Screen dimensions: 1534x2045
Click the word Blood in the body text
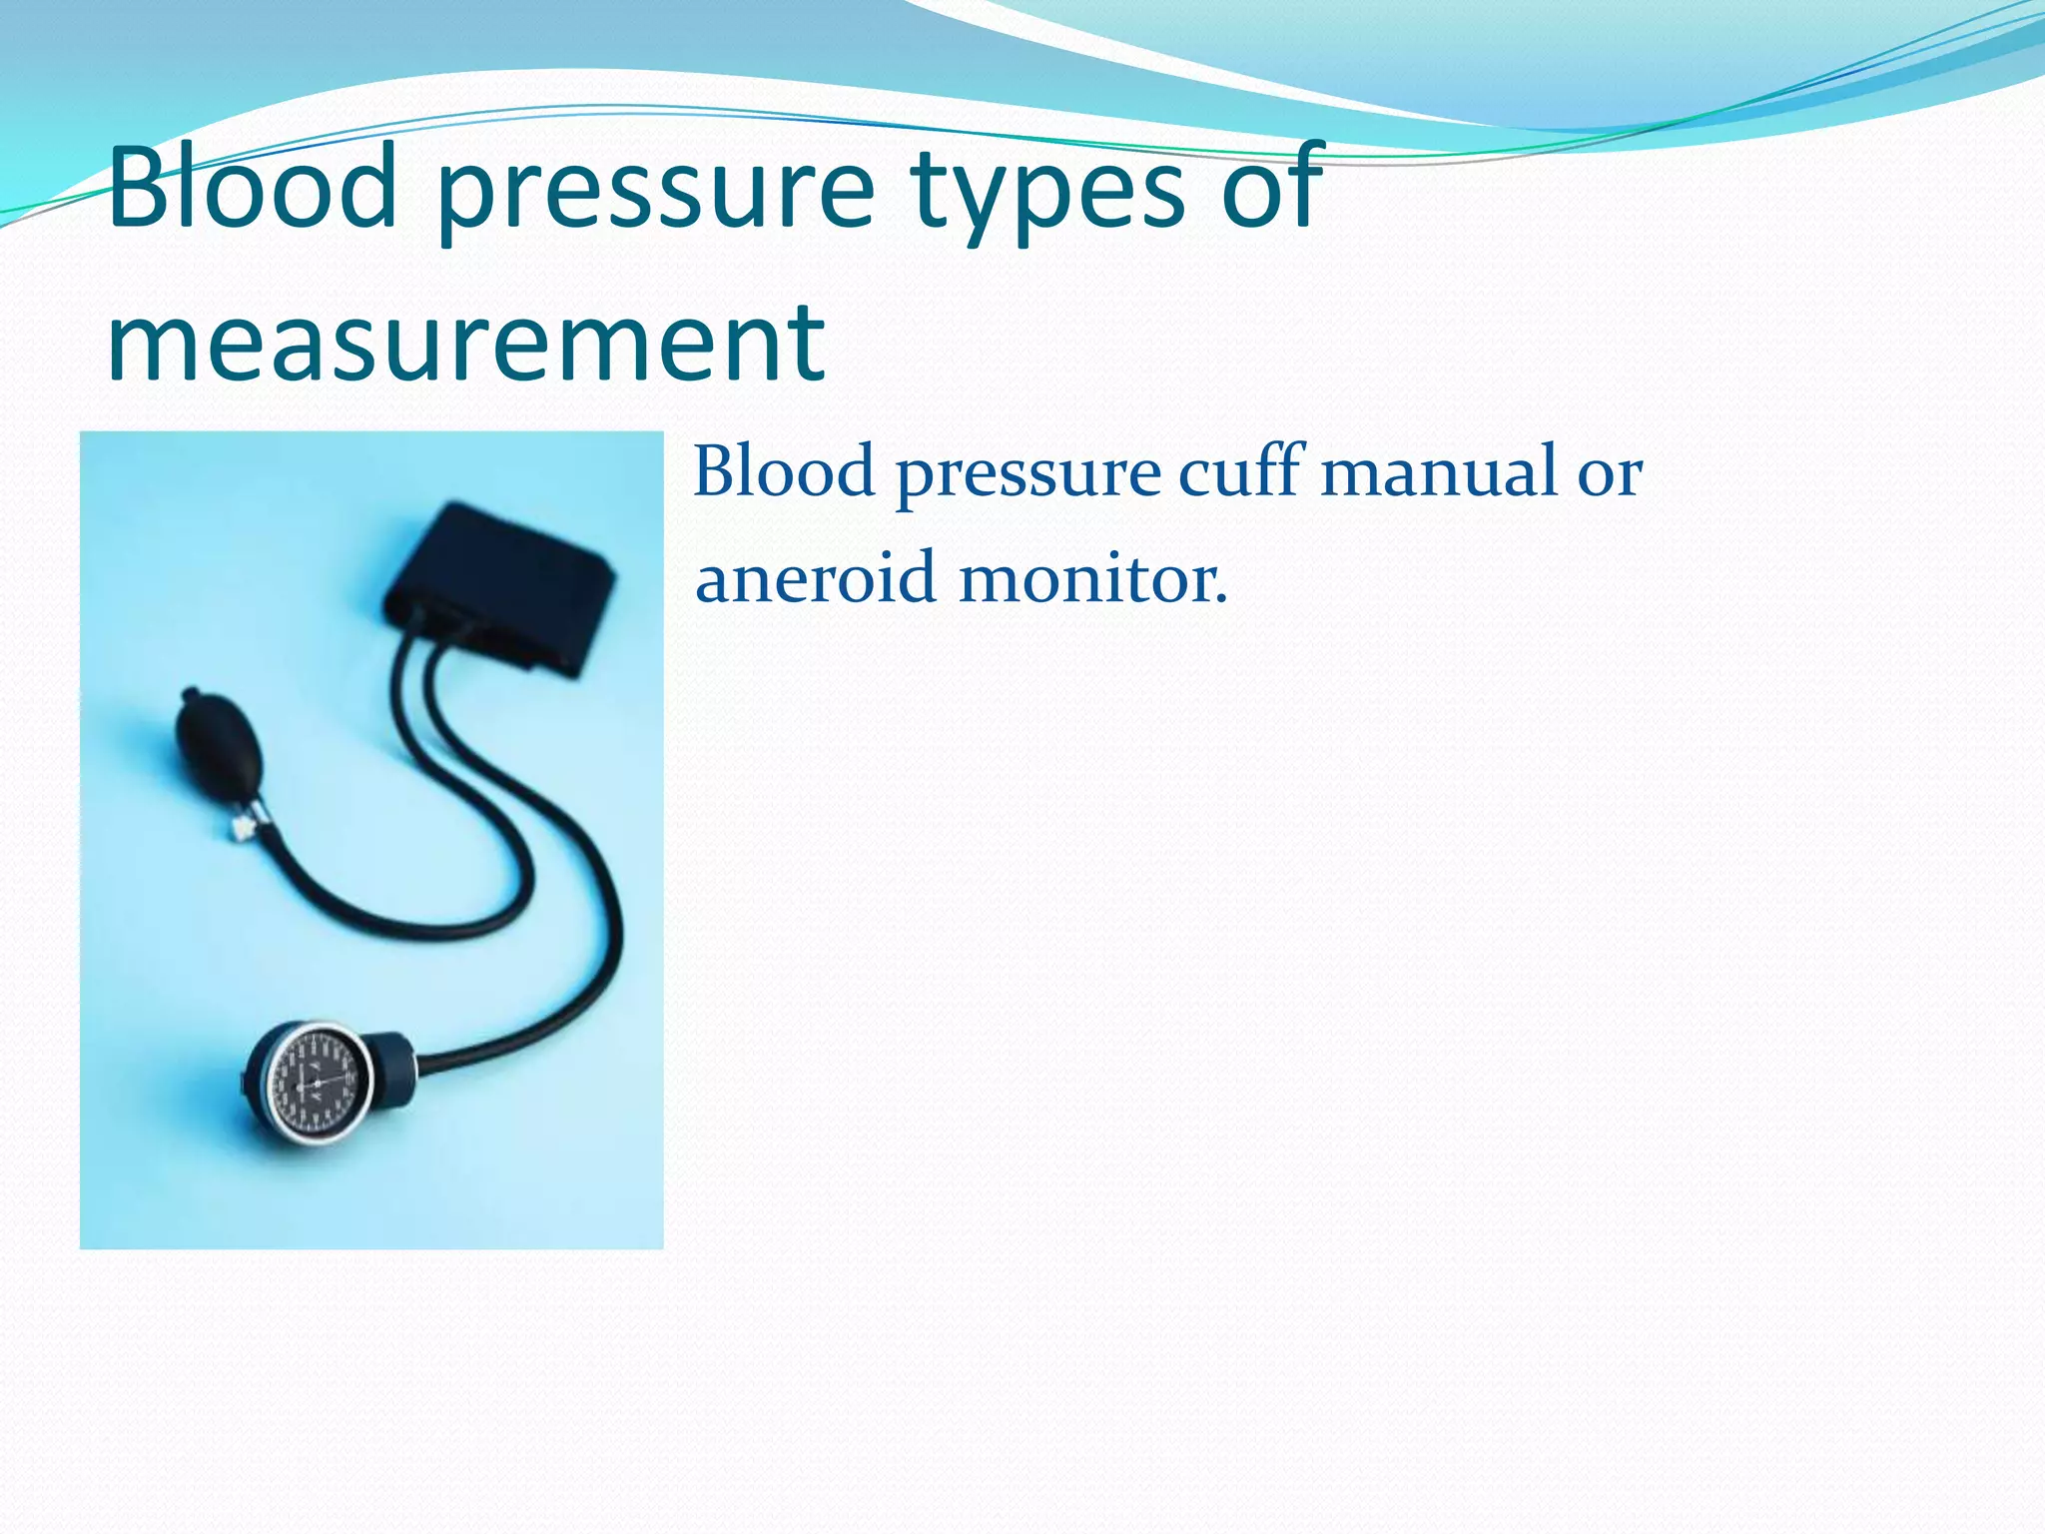tap(785, 471)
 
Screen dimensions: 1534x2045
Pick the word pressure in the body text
tap(1027, 477)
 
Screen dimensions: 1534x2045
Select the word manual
tap(1439, 471)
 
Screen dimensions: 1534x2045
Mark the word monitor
tap(1084, 579)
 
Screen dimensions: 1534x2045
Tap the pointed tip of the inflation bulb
tap(189, 693)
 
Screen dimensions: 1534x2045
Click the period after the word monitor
tap(1220, 601)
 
